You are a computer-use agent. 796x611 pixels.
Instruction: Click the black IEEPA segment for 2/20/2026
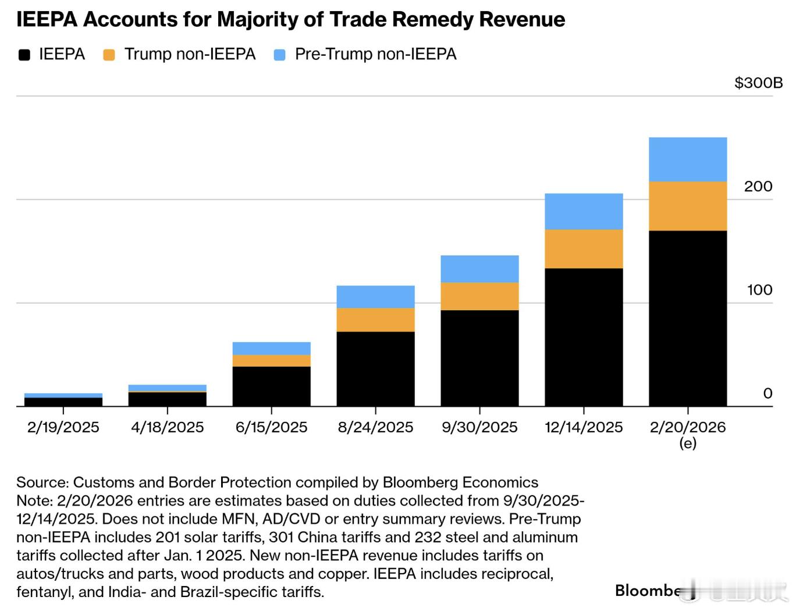pos(688,318)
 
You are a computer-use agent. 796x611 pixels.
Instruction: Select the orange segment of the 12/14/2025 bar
pos(584,248)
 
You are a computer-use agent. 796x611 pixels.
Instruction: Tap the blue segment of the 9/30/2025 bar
pos(479,269)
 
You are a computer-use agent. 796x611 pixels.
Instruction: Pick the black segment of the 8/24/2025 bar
pos(375,368)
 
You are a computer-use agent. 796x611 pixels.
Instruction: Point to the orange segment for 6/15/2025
pos(271,360)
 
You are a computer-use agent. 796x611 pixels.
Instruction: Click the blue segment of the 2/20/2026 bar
pos(688,159)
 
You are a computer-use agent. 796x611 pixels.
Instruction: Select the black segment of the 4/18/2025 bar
pos(167,399)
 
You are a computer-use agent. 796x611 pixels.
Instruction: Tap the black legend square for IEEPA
pos(24,55)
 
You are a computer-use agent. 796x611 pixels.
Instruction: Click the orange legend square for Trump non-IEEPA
pos(109,55)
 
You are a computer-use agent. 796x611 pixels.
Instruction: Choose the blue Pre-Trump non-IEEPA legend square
pos(280,55)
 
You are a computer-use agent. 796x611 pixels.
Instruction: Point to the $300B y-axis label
pos(758,83)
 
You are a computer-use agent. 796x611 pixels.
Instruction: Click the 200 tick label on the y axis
pos(758,186)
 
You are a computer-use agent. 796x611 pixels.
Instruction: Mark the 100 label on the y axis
pos(759,290)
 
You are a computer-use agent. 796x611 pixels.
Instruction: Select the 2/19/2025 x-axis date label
pos(63,428)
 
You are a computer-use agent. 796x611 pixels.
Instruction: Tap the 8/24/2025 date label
pos(375,428)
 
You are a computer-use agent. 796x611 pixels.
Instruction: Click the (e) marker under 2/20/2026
pos(688,443)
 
